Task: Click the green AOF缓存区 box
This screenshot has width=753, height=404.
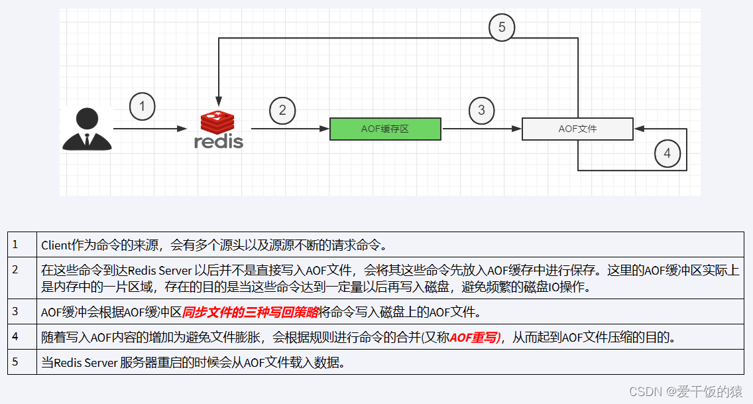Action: (385, 129)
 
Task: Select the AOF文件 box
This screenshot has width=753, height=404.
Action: (577, 129)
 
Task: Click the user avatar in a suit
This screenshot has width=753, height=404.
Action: (86, 129)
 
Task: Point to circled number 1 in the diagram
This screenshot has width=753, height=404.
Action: (142, 107)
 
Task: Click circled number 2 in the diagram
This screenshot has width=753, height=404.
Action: (282, 110)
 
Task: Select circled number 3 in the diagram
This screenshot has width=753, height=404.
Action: (482, 110)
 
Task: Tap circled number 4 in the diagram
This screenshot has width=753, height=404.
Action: (667, 154)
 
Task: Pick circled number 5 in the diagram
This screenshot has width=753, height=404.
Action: (502, 27)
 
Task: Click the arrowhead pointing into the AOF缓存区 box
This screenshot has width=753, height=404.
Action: (325, 129)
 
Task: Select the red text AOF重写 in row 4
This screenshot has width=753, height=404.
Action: (475, 337)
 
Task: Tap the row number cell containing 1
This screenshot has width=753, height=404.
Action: (22, 244)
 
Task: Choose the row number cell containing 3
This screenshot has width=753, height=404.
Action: (22, 312)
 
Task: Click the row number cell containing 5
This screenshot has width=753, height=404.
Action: (22, 362)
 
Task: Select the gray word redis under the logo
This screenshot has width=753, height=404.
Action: (218, 141)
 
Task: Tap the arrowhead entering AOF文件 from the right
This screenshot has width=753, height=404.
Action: (638, 129)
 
